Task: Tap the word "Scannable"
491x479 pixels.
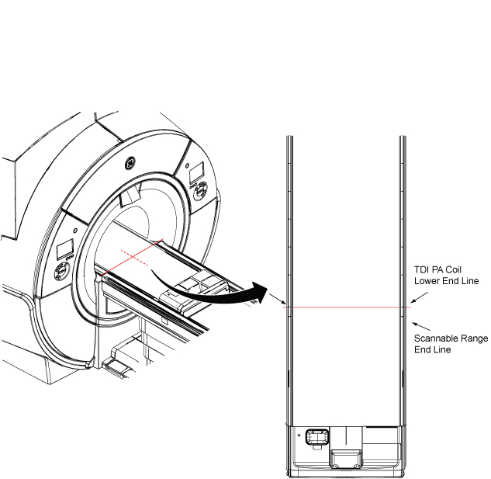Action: tap(434, 338)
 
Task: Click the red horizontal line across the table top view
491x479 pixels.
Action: tap(345, 307)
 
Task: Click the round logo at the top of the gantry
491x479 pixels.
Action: tap(130, 164)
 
